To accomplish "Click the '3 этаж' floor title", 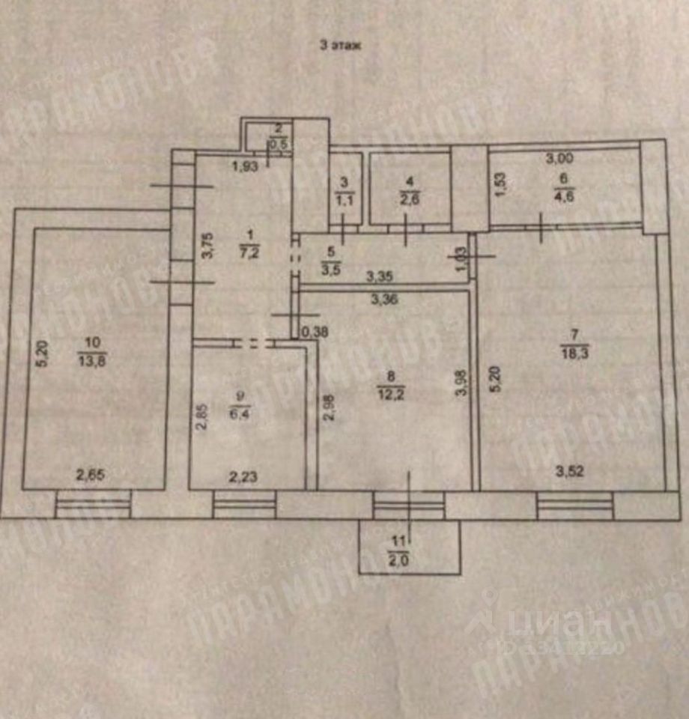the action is (x=341, y=46).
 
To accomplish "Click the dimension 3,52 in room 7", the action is (x=569, y=471).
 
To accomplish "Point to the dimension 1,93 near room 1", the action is (x=246, y=166).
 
